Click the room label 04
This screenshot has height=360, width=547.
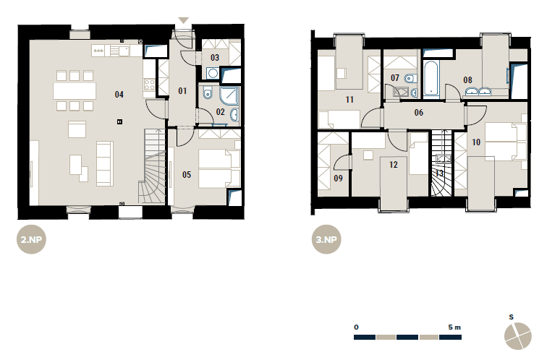(119, 95)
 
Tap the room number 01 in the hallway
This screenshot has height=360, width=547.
(182, 91)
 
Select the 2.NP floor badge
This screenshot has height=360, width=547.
(31, 239)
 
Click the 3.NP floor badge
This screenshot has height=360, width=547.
(326, 239)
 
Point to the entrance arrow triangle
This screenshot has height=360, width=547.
(184, 20)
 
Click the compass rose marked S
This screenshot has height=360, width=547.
(518, 336)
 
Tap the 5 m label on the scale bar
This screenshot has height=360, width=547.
(454, 327)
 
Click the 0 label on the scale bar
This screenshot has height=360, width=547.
(356, 327)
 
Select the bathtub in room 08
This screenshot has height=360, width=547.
(431, 79)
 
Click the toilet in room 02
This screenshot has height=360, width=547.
(208, 93)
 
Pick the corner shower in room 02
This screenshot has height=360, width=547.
(229, 95)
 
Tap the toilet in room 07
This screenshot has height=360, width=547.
(410, 78)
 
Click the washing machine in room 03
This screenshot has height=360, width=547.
(212, 73)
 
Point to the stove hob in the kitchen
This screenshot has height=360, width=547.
(149, 85)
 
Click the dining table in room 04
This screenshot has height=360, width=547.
(75, 90)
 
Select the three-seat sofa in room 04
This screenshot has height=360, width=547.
(105, 163)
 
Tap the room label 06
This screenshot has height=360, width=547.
(419, 113)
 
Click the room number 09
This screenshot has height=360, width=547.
(338, 179)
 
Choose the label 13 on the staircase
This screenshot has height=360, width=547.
(439, 173)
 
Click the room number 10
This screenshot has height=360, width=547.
(476, 142)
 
